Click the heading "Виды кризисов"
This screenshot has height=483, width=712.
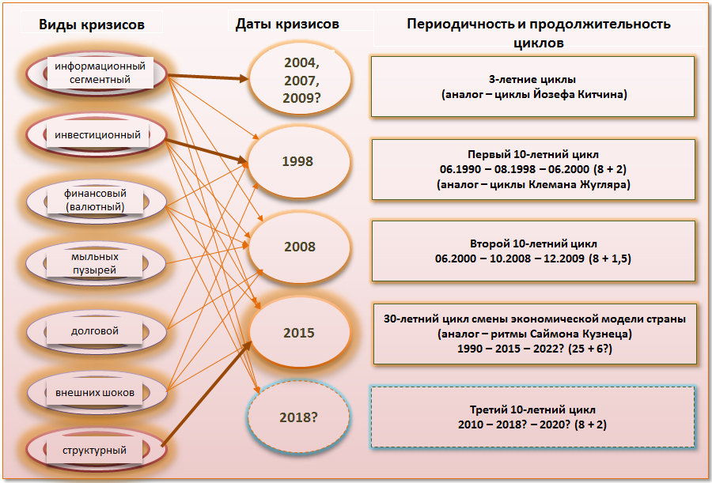click(92, 25)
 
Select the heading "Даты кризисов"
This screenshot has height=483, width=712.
click(287, 24)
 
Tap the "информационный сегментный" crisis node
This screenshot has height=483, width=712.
click(97, 73)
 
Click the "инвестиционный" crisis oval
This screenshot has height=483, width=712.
click(97, 135)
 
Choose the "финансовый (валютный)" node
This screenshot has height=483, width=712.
click(97, 201)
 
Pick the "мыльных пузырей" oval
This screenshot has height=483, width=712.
click(97, 263)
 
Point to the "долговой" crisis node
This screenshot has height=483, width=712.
click(97, 331)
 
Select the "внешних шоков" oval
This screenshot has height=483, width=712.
click(97, 393)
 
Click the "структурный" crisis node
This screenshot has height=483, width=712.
click(97, 451)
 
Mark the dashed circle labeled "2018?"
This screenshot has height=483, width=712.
click(298, 417)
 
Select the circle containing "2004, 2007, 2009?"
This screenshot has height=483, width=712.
click(301, 80)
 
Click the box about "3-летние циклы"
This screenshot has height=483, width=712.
click(533, 87)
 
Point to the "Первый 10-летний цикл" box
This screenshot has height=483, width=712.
click(533, 169)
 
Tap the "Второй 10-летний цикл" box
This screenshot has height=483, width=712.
click(533, 251)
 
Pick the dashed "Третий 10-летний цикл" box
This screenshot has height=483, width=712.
click(533, 417)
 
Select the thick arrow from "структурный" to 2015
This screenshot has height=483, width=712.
click(206, 394)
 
